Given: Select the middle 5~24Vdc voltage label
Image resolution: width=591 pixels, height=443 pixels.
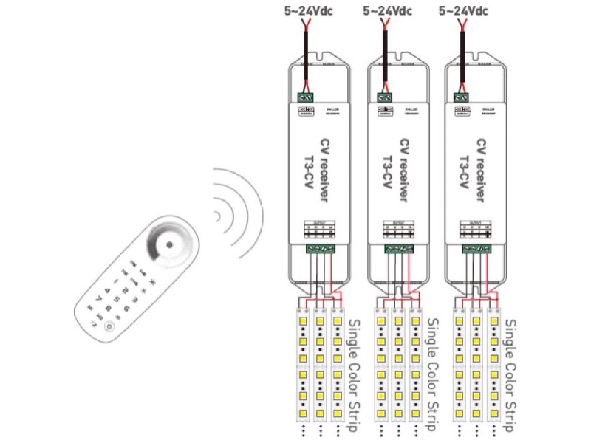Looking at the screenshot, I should [387, 10].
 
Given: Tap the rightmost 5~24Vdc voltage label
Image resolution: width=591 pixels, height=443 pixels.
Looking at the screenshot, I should [464, 10].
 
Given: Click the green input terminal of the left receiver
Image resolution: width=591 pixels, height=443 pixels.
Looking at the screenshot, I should [305, 97].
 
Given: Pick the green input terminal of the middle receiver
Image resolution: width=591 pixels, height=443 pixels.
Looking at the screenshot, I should [384, 97].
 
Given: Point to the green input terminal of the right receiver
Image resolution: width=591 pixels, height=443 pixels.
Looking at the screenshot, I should [462, 97].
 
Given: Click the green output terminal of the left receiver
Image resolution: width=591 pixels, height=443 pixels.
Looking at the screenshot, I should [319, 249].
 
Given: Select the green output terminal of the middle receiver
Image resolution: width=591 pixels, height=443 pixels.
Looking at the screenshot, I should [398, 249].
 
